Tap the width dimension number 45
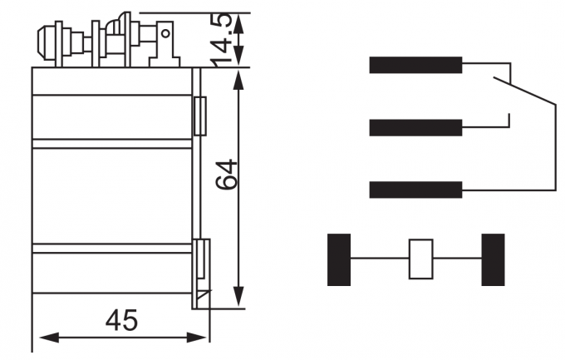pos(121,320)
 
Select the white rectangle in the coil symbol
pos(421,259)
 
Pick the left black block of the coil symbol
pos(339,259)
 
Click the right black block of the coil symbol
pos(493,259)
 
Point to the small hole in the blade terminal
pos(166,35)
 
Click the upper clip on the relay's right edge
pos(199,116)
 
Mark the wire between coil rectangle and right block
pos(457,259)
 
